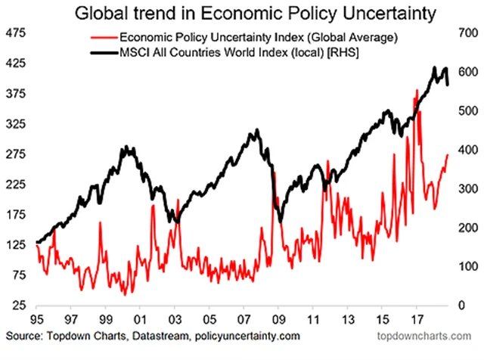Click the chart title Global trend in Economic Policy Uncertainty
(x=242, y=14)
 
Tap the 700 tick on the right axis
(x=464, y=34)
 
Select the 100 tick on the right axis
(x=464, y=266)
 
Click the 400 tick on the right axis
(x=464, y=151)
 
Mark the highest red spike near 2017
(x=417, y=90)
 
